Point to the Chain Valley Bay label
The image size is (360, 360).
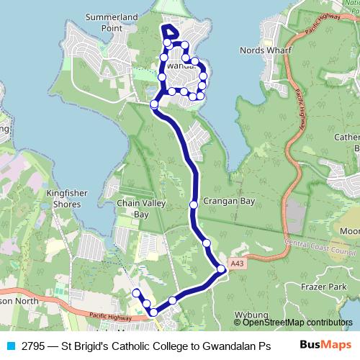pos(132,209)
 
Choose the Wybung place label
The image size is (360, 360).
pos(251,315)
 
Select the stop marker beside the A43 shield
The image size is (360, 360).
pos(221,269)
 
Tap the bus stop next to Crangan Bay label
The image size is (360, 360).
pos(194,205)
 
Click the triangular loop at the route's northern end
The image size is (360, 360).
pos(171,32)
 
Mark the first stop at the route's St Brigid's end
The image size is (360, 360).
pos(135,292)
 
